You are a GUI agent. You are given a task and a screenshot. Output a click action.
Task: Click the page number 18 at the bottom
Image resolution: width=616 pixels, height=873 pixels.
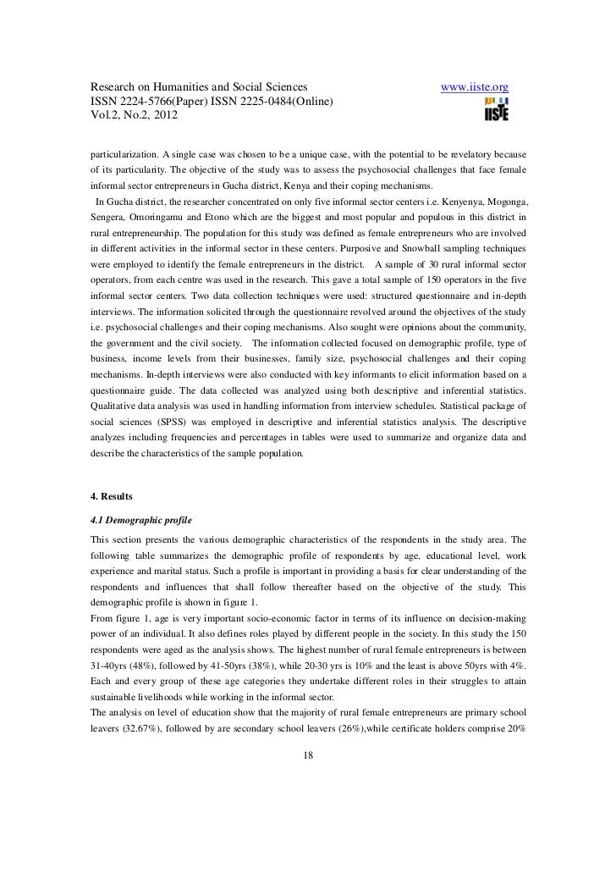coord(308,756)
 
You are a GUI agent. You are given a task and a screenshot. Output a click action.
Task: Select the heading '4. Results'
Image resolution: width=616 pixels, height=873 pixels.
coord(113,495)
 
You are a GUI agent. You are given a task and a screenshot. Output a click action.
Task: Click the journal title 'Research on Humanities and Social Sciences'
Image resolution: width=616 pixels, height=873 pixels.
coord(199,89)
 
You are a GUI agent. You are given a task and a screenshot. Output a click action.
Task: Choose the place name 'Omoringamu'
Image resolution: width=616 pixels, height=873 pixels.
coord(162,218)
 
